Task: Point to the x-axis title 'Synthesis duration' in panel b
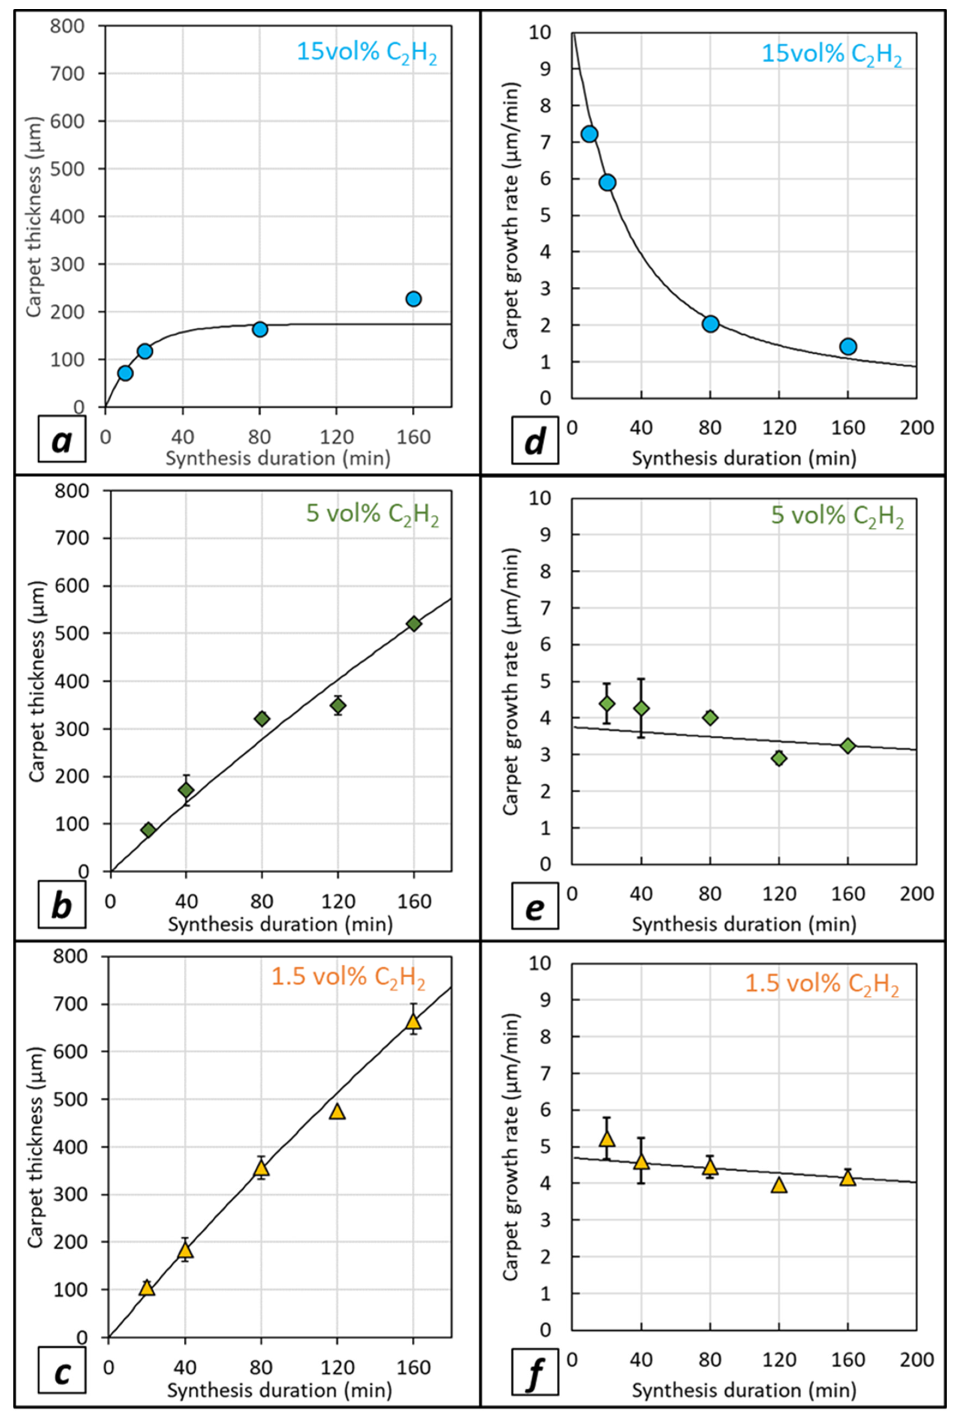(x=280, y=924)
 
